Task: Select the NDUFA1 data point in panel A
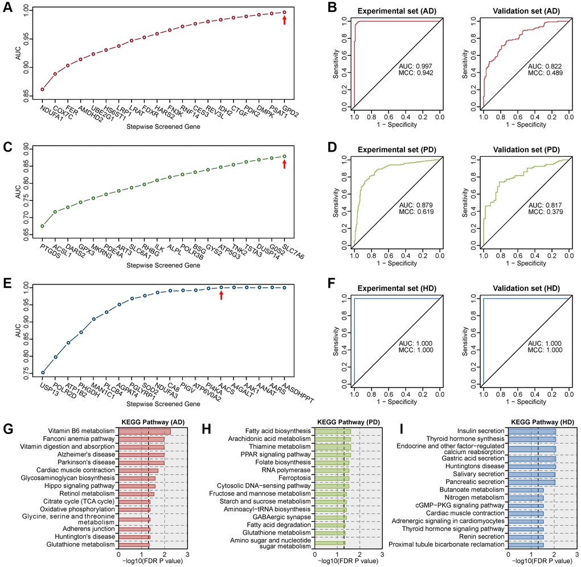(x=42, y=89)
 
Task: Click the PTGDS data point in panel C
(x=42, y=226)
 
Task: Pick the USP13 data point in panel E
(x=42, y=372)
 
